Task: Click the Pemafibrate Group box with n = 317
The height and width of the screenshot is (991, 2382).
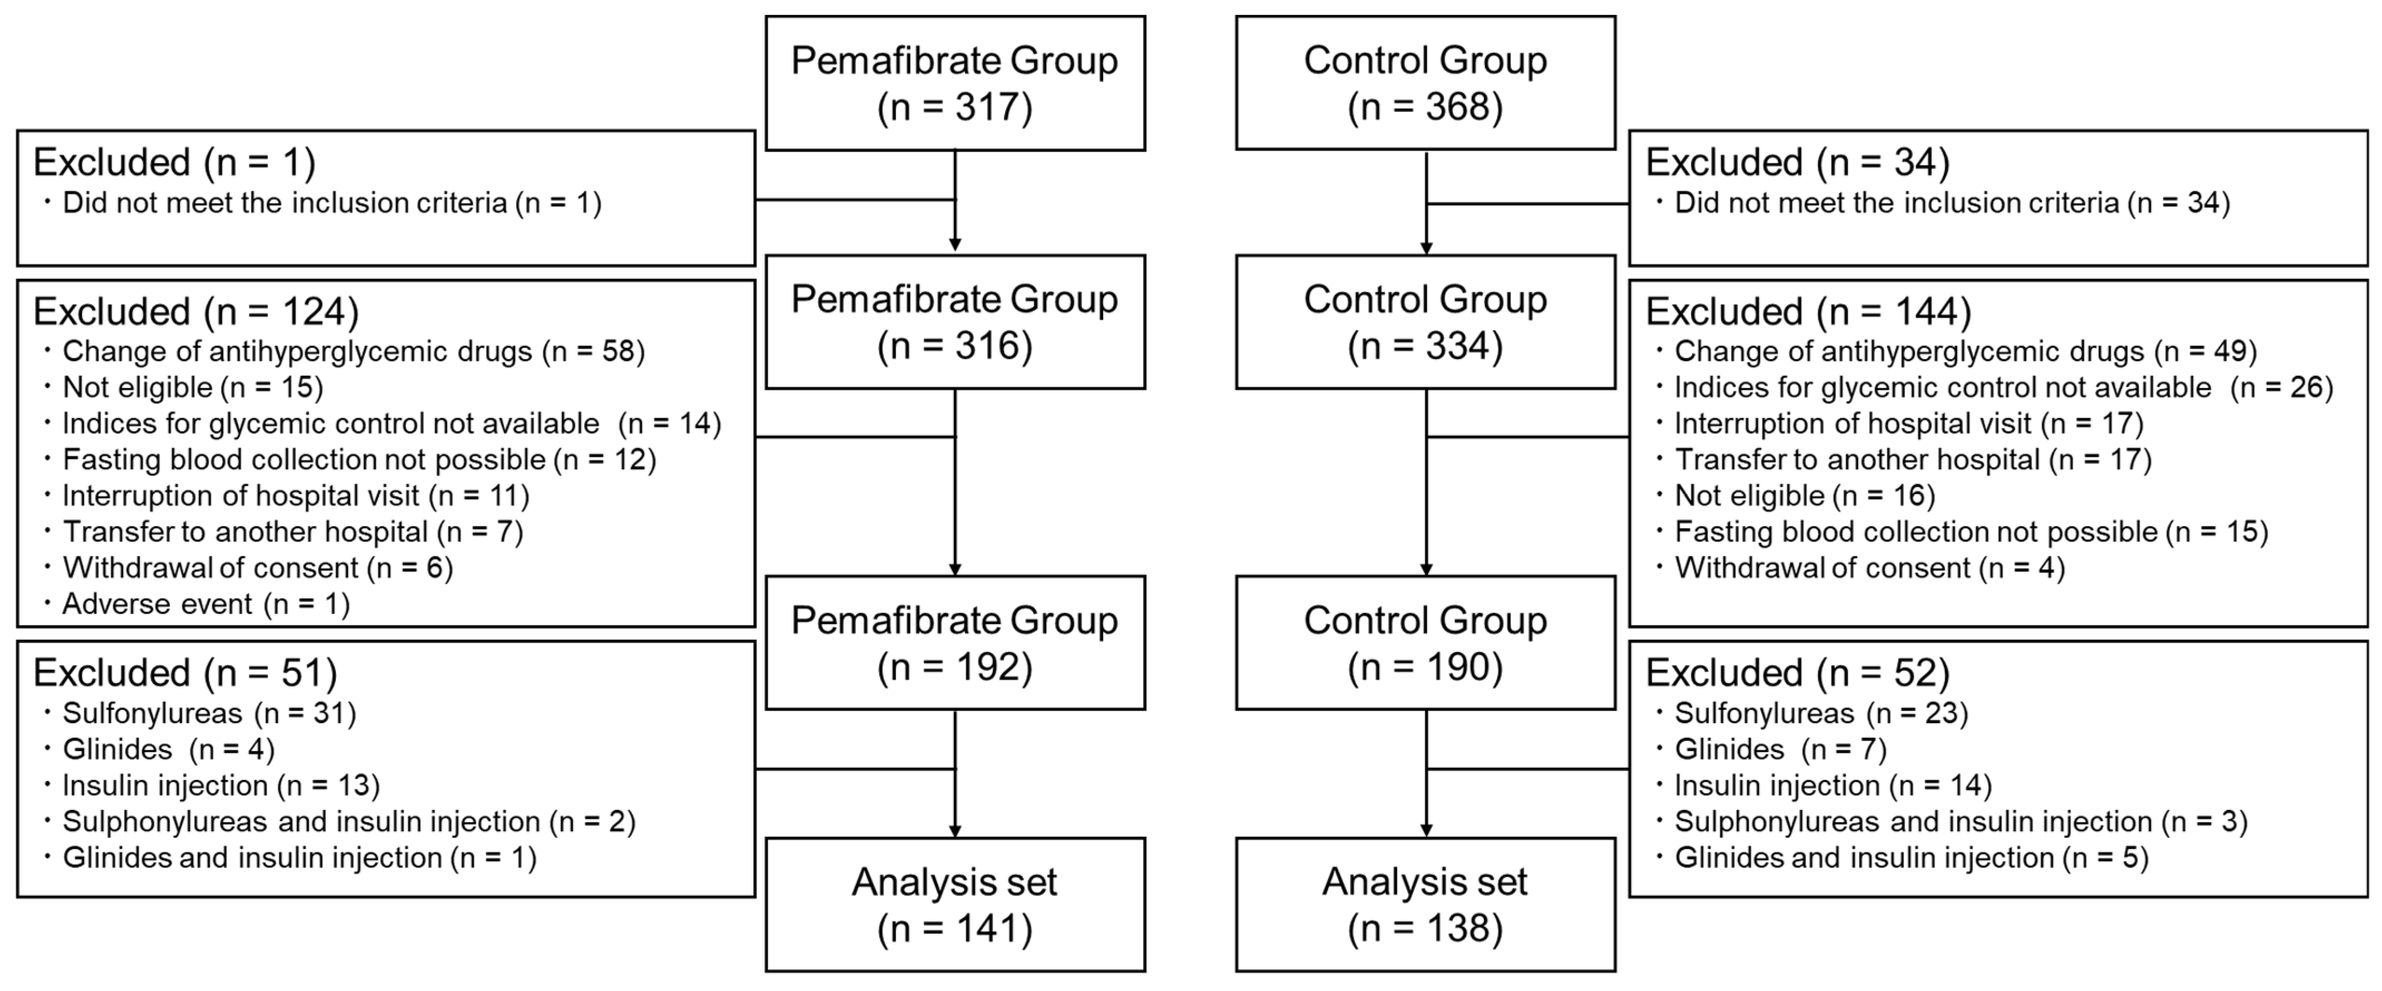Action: pyautogui.click(x=954, y=83)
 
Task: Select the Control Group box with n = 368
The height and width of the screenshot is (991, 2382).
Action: pyautogui.click(x=1425, y=83)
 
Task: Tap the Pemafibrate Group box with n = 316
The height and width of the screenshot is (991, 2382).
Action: pyautogui.click(x=954, y=322)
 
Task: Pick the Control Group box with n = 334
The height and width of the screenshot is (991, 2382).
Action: pyautogui.click(x=1425, y=322)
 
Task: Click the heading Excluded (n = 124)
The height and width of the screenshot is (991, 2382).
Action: pyautogui.click(x=196, y=312)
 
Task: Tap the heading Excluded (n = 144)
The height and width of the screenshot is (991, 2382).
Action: pyautogui.click(x=1808, y=312)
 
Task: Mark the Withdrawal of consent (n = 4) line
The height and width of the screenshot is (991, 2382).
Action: pyautogui.click(x=1869, y=568)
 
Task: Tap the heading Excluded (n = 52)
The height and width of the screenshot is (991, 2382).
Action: pyautogui.click(x=1797, y=673)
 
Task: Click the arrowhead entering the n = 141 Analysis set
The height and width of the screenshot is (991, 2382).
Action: pyautogui.click(x=954, y=830)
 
